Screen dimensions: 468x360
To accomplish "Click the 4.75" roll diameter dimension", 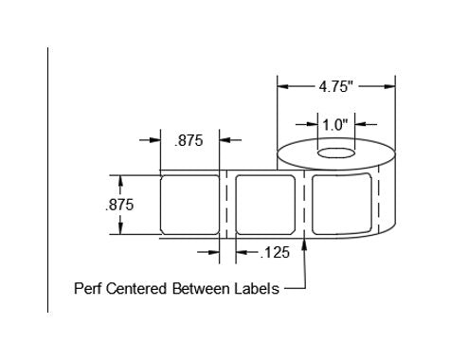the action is [335, 86].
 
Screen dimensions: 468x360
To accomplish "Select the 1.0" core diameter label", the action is [335, 125].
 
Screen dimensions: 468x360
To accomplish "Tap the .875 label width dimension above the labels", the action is [189, 140].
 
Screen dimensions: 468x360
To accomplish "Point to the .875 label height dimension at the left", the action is [119, 205].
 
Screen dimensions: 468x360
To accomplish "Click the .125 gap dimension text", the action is [275, 253].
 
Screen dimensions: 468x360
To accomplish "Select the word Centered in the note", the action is [136, 289].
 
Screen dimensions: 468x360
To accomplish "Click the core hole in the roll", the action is [336, 153].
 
